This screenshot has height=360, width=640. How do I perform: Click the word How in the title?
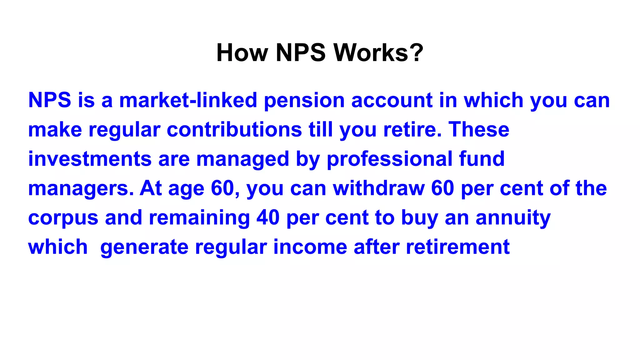(242, 52)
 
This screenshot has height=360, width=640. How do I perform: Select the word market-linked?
(188, 100)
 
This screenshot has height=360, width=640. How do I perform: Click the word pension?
(304, 101)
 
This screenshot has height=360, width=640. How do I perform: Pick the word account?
(392, 100)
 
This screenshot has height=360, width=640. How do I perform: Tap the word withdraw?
(379, 188)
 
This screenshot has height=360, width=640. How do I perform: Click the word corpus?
(63, 218)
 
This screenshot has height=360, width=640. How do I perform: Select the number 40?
(268, 217)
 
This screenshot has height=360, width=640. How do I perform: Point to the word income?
(310, 247)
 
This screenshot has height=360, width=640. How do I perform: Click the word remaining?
(199, 218)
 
